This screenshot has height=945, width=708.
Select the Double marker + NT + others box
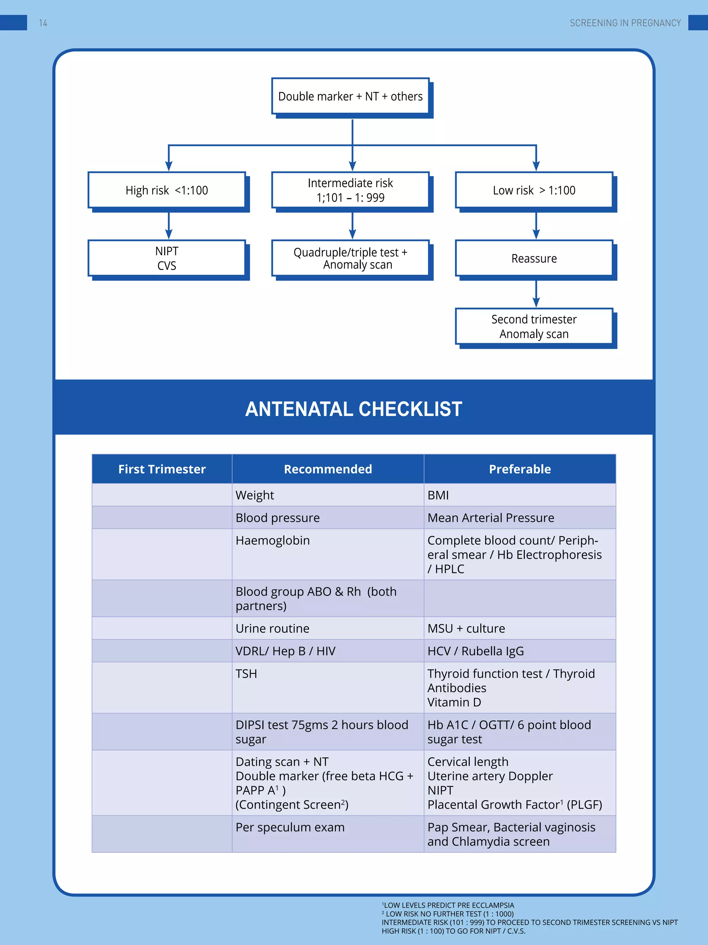pyautogui.click(x=351, y=96)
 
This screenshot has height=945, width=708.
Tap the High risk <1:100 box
pyautogui.click(x=167, y=190)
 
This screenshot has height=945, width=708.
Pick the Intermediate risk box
pyautogui.click(x=351, y=190)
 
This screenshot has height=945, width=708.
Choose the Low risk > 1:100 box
pyautogui.click(x=534, y=190)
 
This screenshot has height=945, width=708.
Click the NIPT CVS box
pyautogui.click(x=167, y=258)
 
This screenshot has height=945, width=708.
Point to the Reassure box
pyautogui.click(x=534, y=258)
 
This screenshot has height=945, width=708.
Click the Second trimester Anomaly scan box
pyautogui.click(x=534, y=326)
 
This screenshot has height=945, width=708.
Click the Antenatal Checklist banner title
pyautogui.click(x=353, y=409)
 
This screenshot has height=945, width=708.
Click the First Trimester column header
pyautogui.click(x=162, y=469)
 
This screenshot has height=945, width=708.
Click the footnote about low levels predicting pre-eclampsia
pyautogui.click(x=448, y=905)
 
